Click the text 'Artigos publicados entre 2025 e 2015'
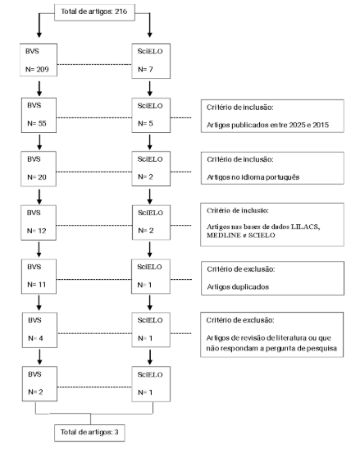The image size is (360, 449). pyautogui.click(x=268, y=125)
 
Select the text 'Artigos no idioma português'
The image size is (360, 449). pyautogui.click(x=253, y=177)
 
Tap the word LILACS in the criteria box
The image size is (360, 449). pyautogui.click(x=305, y=227)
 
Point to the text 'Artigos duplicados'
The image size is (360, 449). pyautogui.click(x=238, y=286)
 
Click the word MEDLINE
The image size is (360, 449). pyautogui.click(x=224, y=236)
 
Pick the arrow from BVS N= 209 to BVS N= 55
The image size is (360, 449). pyautogui.click(x=39, y=89)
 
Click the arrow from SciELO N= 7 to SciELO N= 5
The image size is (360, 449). pyautogui.click(x=150, y=89)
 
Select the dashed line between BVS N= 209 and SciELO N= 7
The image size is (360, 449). pyautogui.click(x=94, y=64)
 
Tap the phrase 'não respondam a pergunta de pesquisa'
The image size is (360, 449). pyautogui.click(x=271, y=349)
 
